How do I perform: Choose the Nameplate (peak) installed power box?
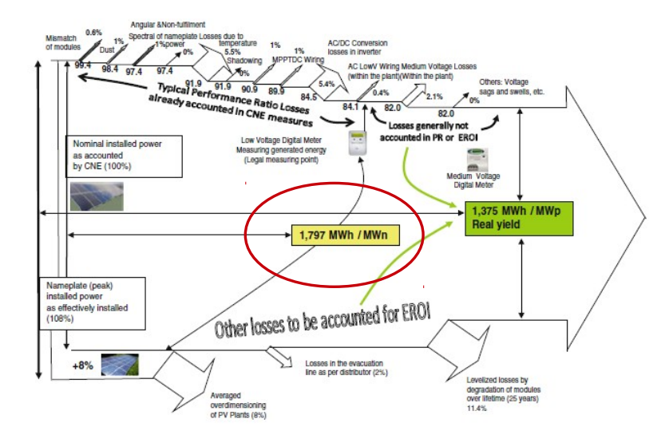point(94,302)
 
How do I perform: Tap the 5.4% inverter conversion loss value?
point(327,83)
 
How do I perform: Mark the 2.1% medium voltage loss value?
point(434,97)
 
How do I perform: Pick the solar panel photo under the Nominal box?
point(96,194)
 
